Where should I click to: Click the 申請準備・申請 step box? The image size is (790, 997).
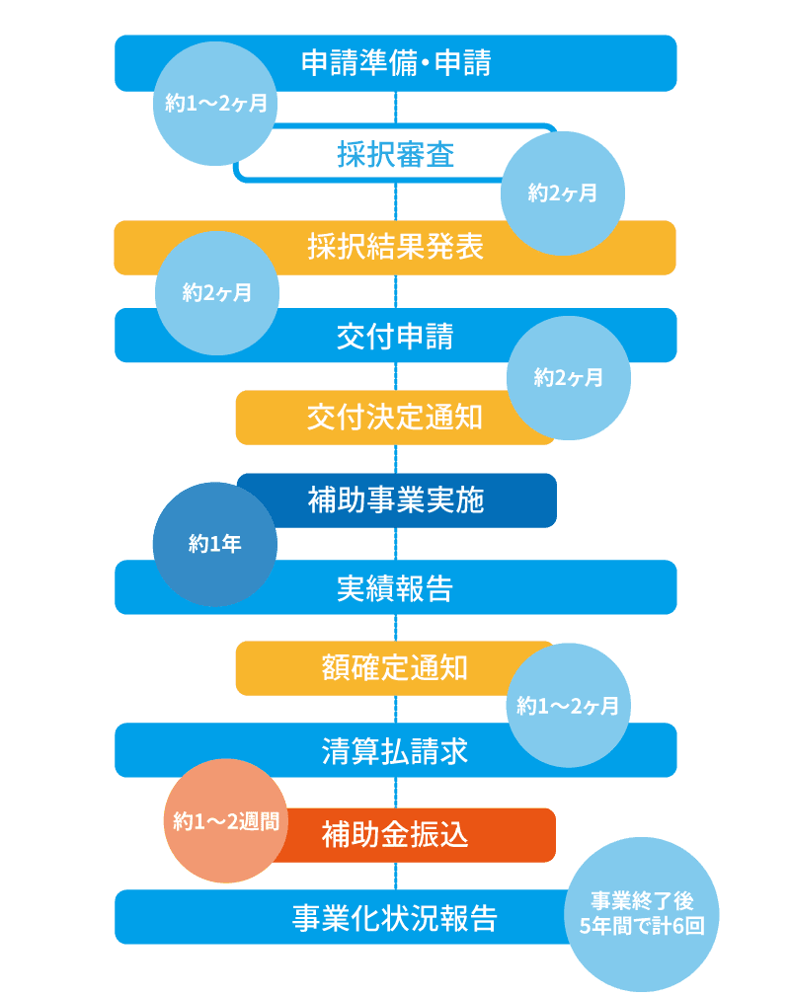coord(395,63)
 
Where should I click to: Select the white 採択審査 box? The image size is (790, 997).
coord(395,154)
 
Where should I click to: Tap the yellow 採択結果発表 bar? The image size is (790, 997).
coord(395,247)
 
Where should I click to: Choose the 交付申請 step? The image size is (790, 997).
coord(395,337)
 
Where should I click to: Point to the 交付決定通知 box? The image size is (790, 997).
coord(395,418)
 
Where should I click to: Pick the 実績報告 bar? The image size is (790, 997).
coord(395,588)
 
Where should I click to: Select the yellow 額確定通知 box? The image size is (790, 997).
coord(394,668)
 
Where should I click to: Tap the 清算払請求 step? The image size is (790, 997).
coord(395,751)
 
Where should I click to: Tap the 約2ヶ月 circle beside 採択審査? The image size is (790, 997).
coord(563,194)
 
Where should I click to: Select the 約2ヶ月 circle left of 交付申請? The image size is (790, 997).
coord(217,293)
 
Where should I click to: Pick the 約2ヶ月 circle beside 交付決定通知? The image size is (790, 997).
coord(569,377)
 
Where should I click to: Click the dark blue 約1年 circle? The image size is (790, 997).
coord(214,544)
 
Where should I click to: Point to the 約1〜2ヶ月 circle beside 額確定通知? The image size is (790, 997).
coord(569,706)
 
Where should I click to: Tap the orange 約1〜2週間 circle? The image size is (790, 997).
coord(225,820)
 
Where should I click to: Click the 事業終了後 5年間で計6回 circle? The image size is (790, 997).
coord(642,914)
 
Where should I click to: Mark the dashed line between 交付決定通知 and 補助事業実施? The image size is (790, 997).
coord(396,459)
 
